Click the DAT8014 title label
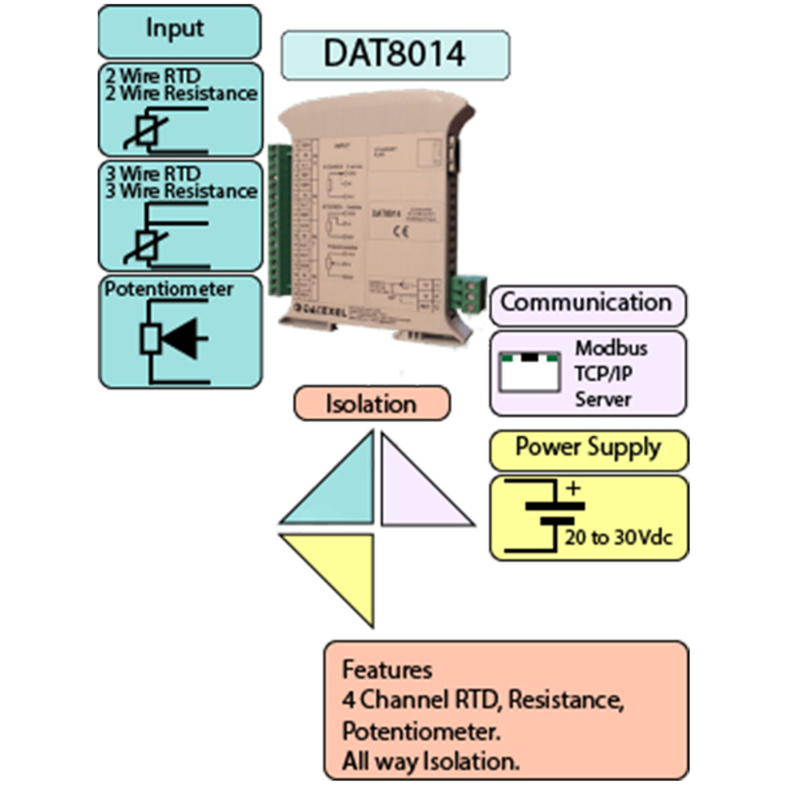click(x=395, y=54)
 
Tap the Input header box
click(x=179, y=31)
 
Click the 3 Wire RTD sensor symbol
click(x=146, y=246)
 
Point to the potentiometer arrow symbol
click(x=180, y=339)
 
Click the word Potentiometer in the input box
click(x=169, y=290)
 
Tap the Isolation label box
click(x=371, y=404)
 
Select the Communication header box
click(x=587, y=303)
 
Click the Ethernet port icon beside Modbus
click(x=529, y=372)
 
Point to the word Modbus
click(x=611, y=349)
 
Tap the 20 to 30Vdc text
click(x=618, y=538)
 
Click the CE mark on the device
click(x=400, y=232)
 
